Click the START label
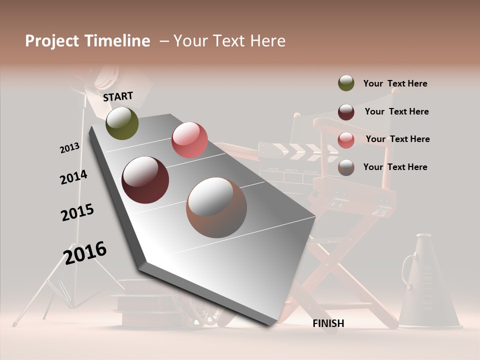(x=118, y=96)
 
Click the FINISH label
(x=328, y=323)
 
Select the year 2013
(x=69, y=148)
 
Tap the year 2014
(x=73, y=177)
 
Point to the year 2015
(x=77, y=212)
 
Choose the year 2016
(x=85, y=253)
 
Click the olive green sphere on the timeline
(x=122, y=123)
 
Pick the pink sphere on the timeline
(x=189, y=140)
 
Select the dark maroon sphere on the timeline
(x=145, y=180)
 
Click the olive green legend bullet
(x=346, y=83)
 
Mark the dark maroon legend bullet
(x=346, y=112)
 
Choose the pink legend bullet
(x=346, y=140)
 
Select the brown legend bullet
(x=346, y=167)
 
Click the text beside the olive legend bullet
(x=395, y=83)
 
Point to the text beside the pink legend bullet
(x=397, y=139)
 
